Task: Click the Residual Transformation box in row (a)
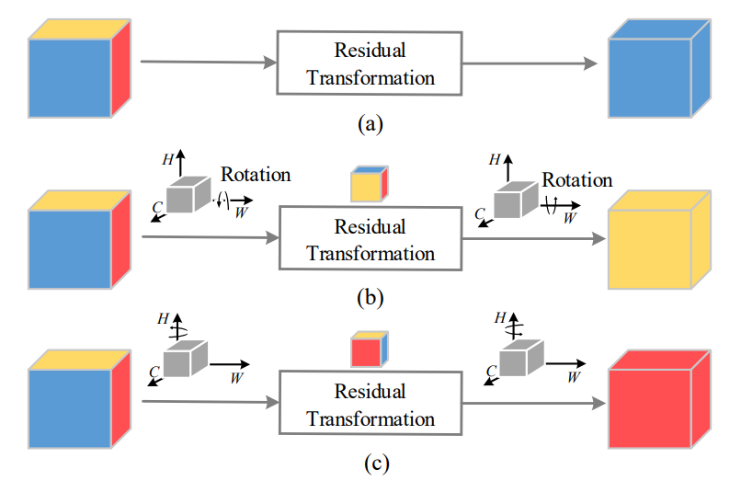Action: click(x=370, y=63)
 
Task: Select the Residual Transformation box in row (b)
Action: click(x=370, y=238)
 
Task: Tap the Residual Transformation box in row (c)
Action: click(x=370, y=404)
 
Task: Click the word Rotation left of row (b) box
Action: click(x=256, y=174)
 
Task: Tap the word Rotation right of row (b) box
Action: click(x=576, y=180)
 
